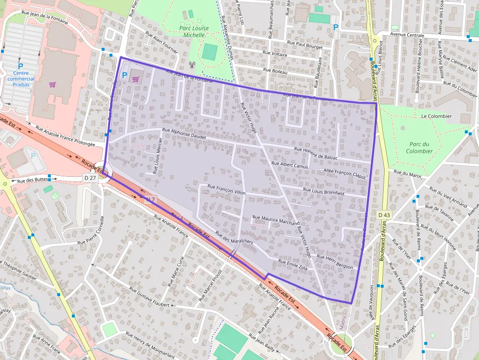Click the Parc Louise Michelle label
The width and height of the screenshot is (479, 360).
click(194, 31)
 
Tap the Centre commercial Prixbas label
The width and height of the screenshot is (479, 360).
click(21, 79)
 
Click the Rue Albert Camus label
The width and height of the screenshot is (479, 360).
click(290, 165)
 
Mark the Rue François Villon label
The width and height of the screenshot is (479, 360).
click(226, 190)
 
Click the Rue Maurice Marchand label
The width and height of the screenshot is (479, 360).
click(276, 220)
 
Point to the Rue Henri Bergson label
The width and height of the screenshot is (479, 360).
click(335, 262)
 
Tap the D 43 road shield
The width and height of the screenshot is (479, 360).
click(384, 214)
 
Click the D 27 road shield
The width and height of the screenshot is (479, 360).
click(90, 178)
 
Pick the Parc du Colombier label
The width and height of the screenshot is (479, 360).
click(419, 148)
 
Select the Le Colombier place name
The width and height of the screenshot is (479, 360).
click(436, 116)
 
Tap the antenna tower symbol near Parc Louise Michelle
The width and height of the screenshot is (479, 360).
click(191, 64)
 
